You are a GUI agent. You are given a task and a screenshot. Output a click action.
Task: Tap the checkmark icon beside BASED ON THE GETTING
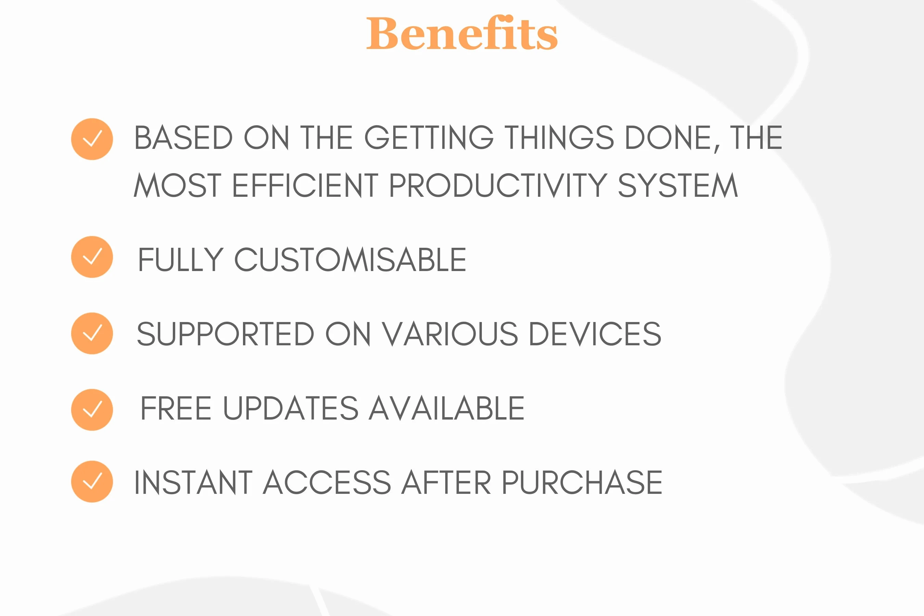[x=92, y=139]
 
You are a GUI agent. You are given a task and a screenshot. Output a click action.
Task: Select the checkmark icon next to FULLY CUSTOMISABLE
[x=92, y=257]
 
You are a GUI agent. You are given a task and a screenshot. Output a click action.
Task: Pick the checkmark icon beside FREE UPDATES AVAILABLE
[x=92, y=410]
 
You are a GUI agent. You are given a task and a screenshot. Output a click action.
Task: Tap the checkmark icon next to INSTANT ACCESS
[x=92, y=481]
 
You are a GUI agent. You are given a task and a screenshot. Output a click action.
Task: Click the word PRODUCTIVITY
[x=498, y=185]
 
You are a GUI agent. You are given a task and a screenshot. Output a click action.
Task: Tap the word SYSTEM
[x=678, y=185]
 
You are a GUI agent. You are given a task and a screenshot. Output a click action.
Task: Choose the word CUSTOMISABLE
[x=350, y=259]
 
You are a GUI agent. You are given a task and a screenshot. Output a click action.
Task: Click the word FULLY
[x=181, y=259]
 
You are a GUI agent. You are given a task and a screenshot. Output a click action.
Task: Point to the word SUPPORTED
[x=226, y=334]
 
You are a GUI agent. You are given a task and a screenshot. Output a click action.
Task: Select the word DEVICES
[x=595, y=334]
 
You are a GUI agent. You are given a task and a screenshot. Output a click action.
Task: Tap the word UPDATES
[x=291, y=408]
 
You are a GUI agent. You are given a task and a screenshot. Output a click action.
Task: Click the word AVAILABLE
[x=447, y=408]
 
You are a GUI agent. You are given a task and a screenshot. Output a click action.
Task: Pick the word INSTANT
[x=193, y=482]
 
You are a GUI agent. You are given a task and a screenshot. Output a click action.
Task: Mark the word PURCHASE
[x=582, y=482]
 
